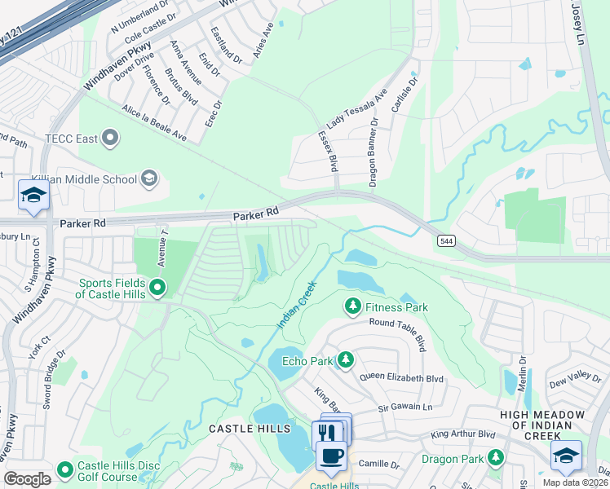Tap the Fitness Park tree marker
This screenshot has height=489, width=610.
(352, 306)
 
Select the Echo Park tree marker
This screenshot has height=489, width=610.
(346, 359)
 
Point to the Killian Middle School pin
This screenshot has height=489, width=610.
(148, 177)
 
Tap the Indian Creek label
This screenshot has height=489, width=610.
(295, 306)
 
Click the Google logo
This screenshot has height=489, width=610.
(27, 479)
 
